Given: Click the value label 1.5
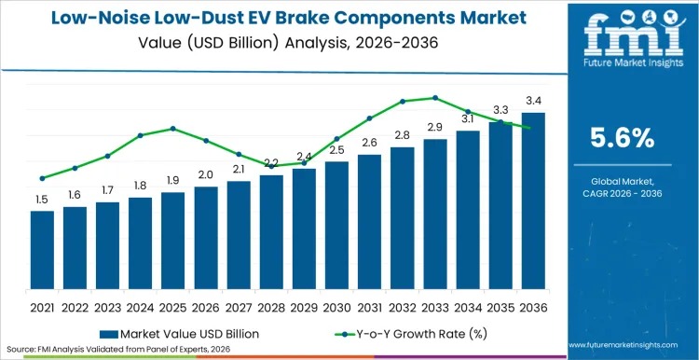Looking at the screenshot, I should (x=42, y=200).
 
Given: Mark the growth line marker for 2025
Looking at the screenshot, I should (x=172, y=128).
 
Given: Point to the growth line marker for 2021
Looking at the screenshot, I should (x=42, y=178).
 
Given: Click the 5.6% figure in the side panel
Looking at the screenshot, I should (x=624, y=138).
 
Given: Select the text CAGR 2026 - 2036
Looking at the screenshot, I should (x=624, y=194).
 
